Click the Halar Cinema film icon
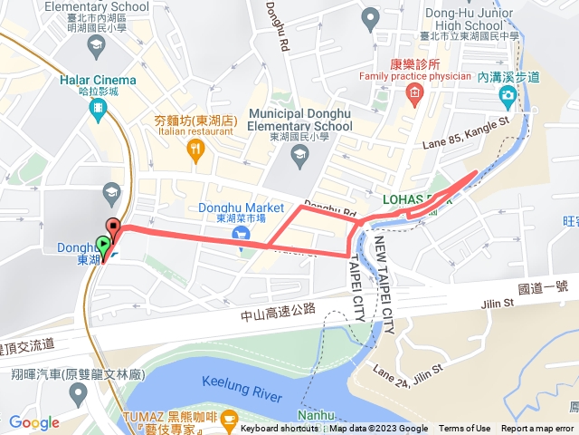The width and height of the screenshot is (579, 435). click(x=97, y=107)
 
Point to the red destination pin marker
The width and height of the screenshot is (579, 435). click(x=113, y=227)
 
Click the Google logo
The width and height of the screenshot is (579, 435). click(x=33, y=422)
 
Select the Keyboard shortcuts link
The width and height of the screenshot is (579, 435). click(x=279, y=429)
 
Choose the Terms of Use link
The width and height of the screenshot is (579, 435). click(x=465, y=429)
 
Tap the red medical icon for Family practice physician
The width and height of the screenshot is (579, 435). click(x=414, y=92)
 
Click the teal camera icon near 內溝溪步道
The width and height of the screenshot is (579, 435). click(x=508, y=94)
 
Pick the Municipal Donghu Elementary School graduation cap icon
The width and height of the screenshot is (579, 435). click(x=299, y=157)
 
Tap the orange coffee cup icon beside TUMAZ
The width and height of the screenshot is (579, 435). click(x=229, y=419)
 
